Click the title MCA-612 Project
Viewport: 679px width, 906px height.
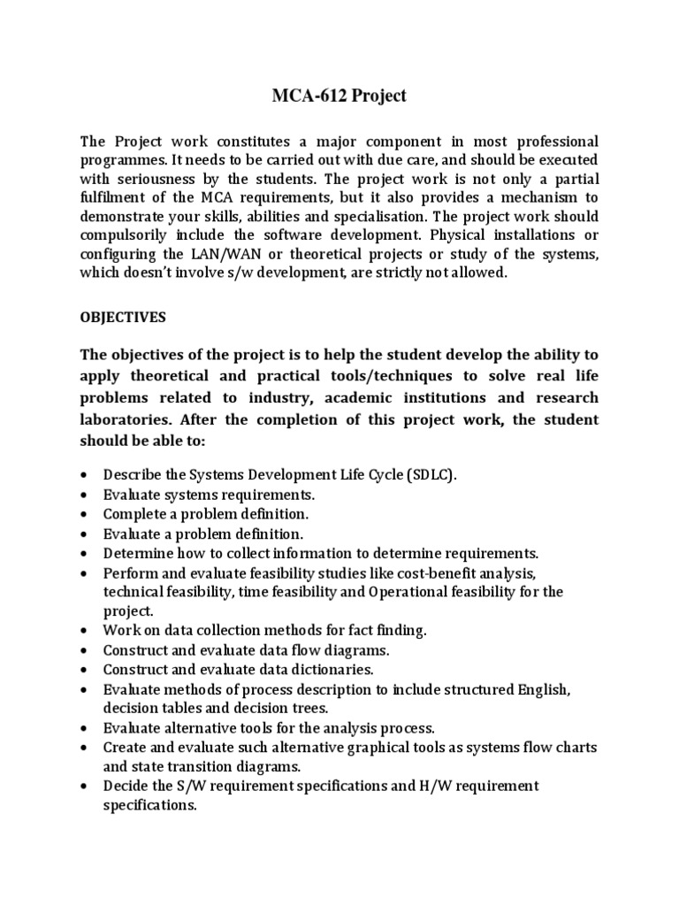(339, 96)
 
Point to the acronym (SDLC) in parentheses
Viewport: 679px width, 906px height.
(432, 475)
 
